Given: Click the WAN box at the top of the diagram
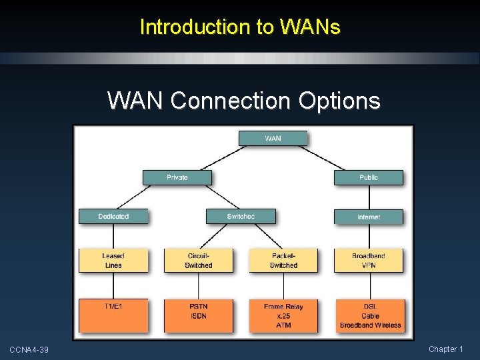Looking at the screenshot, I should pos(273,139).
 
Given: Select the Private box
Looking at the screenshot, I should pos(177,177).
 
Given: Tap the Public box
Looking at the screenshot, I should pos(369,177).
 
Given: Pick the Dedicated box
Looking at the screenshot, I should pos(113,217).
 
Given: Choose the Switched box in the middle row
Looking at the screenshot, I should pos(241,217).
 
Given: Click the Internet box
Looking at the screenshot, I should pos(369,217).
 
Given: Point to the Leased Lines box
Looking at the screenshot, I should pos(113,261).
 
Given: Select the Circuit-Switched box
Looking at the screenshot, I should pos(198,261).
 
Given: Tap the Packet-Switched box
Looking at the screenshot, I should pos(283,261).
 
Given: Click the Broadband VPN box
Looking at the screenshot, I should pos(369,261).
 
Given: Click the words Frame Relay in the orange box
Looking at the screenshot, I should pos(283,307).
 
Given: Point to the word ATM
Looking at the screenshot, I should pos(283,325).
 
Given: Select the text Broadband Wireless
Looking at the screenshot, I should pos(370,325).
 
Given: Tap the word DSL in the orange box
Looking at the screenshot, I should pos(370,307).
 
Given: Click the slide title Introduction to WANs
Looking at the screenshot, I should pos(240,27).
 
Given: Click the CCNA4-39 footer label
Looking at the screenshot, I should pos(29,350).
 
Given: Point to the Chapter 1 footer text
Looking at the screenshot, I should pos(446,349).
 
